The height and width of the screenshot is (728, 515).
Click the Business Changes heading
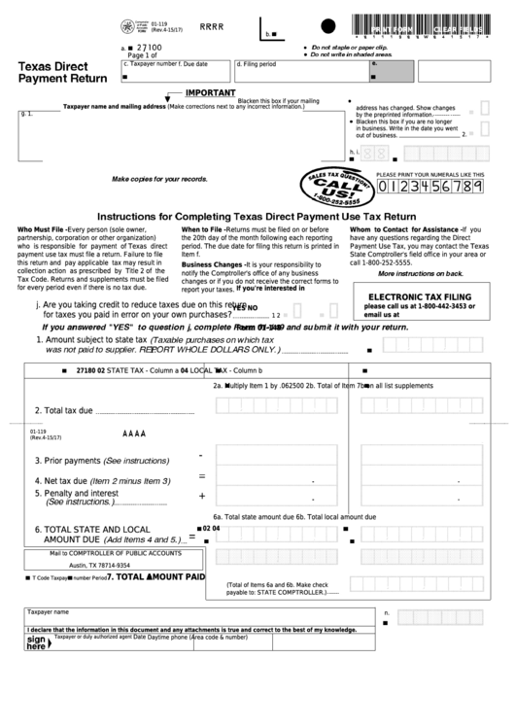coord(213,264)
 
